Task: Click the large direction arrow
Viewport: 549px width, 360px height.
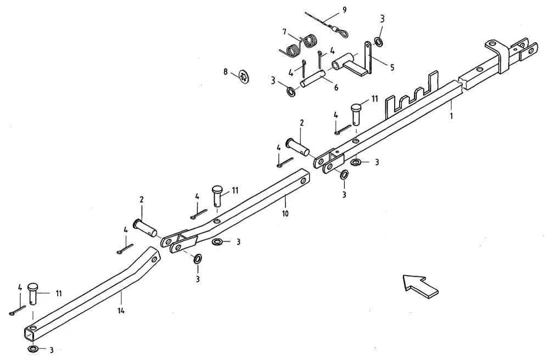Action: [x=420, y=286]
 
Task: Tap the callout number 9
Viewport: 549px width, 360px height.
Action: [x=345, y=10]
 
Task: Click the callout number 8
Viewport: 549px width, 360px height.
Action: [x=225, y=72]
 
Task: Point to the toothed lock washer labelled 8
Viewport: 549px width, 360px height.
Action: [x=244, y=77]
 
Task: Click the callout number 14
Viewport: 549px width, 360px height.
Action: [x=121, y=310]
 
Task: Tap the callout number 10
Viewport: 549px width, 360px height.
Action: [x=285, y=213]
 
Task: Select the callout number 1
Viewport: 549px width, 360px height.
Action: [x=451, y=115]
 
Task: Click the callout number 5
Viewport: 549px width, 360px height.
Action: [x=392, y=67]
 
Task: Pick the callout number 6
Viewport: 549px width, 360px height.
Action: [x=336, y=87]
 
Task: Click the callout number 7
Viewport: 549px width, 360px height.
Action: [x=284, y=32]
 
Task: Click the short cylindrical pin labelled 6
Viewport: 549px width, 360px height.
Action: [x=313, y=80]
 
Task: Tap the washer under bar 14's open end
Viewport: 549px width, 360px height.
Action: [x=34, y=349]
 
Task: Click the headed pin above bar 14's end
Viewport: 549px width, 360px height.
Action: [x=33, y=293]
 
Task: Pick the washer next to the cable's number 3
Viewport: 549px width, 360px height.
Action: [x=378, y=42]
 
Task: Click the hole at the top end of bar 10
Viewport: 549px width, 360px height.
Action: [x=303, y=181]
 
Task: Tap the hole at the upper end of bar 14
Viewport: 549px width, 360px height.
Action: [x=154, y=260]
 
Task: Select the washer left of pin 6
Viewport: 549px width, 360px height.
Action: [x=291, y=92]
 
